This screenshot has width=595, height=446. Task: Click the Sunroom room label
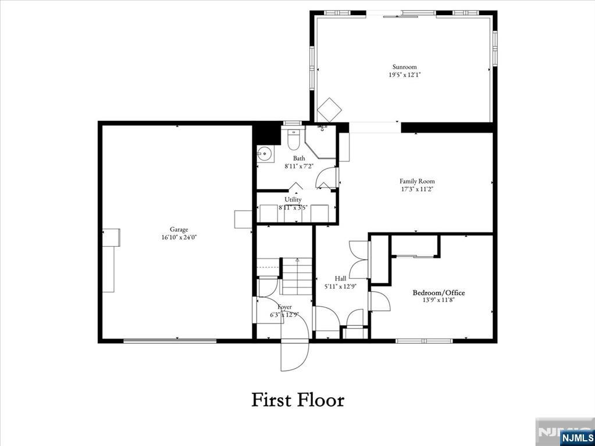[x=404, y=67]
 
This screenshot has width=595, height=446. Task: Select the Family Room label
[x=417, y=181]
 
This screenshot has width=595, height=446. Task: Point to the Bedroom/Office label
[x=439, y=293]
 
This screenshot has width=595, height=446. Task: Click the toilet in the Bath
[x=293, y=139]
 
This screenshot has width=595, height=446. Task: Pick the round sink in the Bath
[x=265, y=154]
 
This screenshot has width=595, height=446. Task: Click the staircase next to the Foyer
[x=297, y=276]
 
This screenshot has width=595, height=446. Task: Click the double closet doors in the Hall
[x=359, y=259]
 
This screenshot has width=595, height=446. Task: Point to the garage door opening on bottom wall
[x=170, y=341]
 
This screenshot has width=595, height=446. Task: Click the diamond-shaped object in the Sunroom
[x=330, y=109]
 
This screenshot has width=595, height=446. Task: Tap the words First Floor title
[x=298, y=400]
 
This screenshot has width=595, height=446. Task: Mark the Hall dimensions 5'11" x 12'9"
[x=340, y=286]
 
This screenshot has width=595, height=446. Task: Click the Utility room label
[x=293, y=200]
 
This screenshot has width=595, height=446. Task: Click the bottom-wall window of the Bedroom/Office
[x=424, y=341]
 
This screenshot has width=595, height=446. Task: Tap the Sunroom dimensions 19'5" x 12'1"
[x=404, y=75]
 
